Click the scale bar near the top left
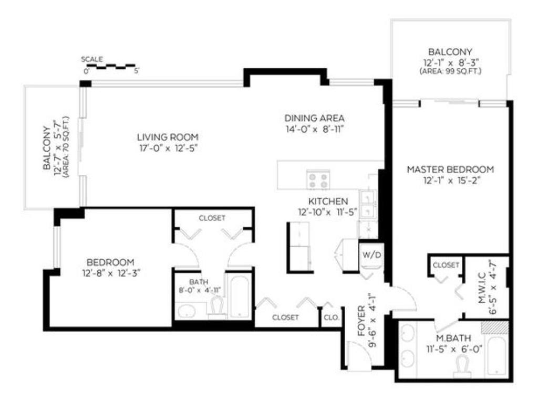coord(111,66)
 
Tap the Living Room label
coord(168,137)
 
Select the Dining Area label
coord(314,118)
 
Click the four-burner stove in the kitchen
coord(318,179)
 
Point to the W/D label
coord(372,256)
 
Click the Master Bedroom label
coord(450,169)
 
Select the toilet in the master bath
coord(463,366)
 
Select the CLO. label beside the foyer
coord(331,317)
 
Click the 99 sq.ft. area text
coord(450,71)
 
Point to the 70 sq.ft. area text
coord(66,147)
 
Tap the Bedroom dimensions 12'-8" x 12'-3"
coord(111,273)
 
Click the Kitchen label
coord(328,201)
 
